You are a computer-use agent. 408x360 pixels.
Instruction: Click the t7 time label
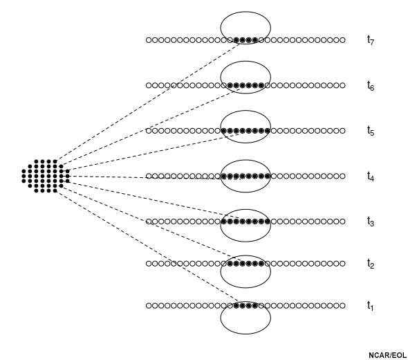click(371, 40)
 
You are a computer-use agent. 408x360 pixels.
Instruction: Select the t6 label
click(371, 86)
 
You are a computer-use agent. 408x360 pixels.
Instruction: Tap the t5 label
click(371, 131)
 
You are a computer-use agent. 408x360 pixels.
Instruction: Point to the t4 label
click(371, 177)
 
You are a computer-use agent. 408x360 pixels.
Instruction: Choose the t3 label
click(371, 222)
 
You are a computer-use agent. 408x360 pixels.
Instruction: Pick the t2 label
click(371, 264)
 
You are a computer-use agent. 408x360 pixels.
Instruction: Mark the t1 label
click(370, 306)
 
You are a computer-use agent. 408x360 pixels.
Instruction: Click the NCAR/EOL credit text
click(387, 355)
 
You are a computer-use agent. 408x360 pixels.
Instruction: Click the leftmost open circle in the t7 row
click(149, 40)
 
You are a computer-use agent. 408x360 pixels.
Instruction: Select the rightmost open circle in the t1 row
click(342, 305)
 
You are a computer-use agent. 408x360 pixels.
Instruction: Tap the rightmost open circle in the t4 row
click(342, 176)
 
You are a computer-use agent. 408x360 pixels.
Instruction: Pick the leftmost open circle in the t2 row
click(149, 264)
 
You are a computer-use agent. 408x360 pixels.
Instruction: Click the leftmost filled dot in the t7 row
click(237, 40)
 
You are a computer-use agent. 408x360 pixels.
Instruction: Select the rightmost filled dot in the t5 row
click(268, 131)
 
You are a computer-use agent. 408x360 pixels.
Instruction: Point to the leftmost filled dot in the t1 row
click(237, 305)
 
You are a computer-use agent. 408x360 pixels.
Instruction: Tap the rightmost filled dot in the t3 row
click(268, 222)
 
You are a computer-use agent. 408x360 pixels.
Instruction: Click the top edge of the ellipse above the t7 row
click(245, 12)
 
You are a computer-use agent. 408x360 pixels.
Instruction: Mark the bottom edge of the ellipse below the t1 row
click(245, 334)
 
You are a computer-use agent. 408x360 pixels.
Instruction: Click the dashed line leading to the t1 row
click(148, 246)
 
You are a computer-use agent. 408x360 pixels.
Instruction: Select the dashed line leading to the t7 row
click(148, 102)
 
